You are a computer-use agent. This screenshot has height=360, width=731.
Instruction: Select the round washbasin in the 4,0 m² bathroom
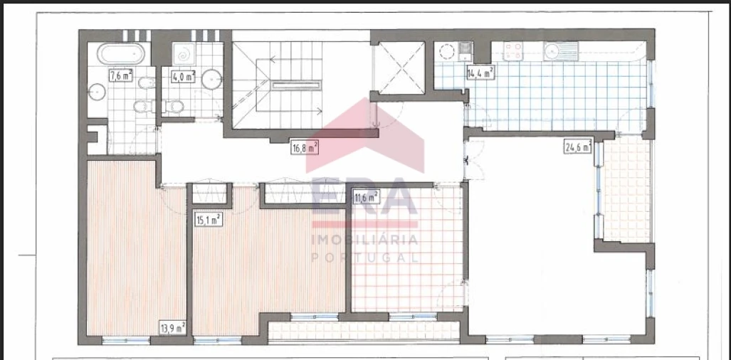point(212,78)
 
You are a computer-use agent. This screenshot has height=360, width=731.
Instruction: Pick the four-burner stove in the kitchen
point(513,51)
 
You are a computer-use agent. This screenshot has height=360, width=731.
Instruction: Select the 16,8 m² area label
point(305,148)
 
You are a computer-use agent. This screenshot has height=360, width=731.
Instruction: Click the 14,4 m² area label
point(480,72)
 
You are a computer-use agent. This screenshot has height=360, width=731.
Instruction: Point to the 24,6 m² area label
point(578,147)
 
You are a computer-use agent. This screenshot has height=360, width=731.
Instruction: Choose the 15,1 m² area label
point(209,220)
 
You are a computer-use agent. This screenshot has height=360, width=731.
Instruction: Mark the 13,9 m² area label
point(173,327)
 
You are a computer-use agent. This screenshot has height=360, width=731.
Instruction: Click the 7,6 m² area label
point(120,75)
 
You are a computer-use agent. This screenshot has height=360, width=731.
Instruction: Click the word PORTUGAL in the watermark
point(365,257)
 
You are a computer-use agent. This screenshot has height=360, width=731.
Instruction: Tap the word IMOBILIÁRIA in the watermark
point(365,239)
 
